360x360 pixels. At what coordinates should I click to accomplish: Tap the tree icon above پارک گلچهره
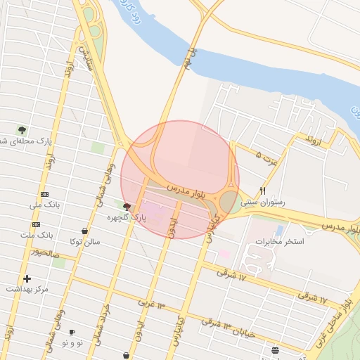click(x=127, y=207)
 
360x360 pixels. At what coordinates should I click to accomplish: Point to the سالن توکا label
click(x=84, y=242)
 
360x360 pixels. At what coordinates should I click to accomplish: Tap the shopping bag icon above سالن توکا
click(x=84, y=231)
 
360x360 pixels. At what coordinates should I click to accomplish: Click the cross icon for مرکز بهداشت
click(x=27, y=278)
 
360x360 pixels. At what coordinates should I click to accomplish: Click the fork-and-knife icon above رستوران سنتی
click(x=262, y=191)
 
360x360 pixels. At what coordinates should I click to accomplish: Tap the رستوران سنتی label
click(x=262, y=202)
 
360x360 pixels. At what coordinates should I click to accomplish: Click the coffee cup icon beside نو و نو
click(x=72, y=331)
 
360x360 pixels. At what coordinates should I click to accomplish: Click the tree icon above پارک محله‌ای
click(x=22, y=129)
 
